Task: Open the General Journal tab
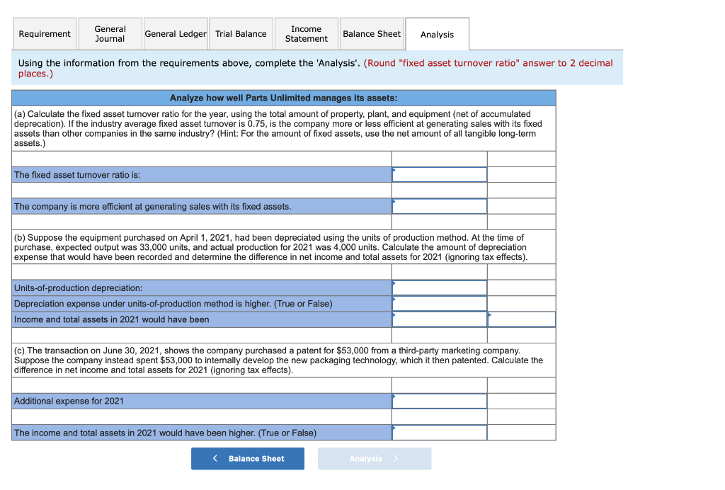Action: [110, 34]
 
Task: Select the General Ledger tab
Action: [176, 34]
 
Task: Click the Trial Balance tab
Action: [241, 34]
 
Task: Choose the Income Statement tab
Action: [306, 34]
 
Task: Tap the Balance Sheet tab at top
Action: [372, 34]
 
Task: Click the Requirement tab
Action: [45, 34]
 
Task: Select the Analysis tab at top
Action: [437, 35]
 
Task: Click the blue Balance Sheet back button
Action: [248, 459]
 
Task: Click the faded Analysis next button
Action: [374, 459]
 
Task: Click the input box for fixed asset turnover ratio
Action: [440, 175]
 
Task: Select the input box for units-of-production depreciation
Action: [440, 288]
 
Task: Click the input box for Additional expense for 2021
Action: [440, 401]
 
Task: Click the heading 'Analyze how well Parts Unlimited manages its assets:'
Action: [283, 98]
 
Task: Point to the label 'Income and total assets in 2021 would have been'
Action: [112, 319]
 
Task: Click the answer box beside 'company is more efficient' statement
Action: [440, 207]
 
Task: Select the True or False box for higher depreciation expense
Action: [440, 304]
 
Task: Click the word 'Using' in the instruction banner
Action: [30, 63]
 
